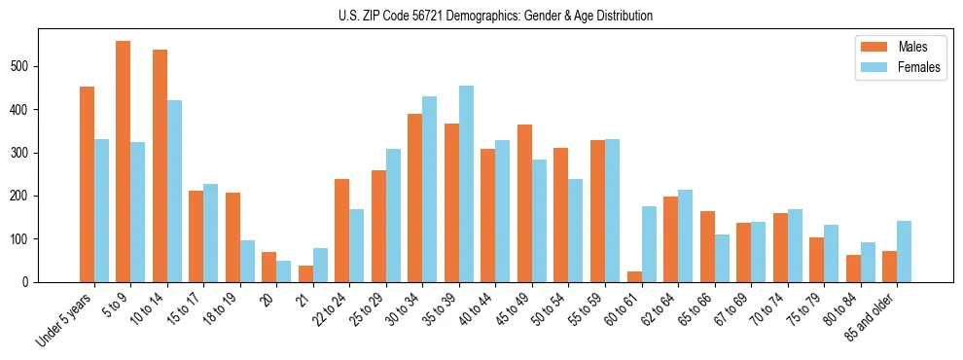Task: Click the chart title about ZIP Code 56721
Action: [x=481, y=17]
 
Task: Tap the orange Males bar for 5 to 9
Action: [x=124, y=162]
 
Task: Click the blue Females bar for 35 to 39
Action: [x=466, y=184]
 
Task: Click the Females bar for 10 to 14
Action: [x=174, y=191]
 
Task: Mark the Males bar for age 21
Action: [x=305, y=273]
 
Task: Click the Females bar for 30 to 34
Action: [x=430, y=189]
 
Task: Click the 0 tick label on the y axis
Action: [x=31, y=282]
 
